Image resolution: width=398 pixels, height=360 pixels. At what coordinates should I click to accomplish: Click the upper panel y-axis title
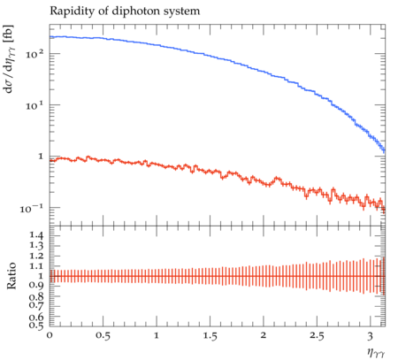9,59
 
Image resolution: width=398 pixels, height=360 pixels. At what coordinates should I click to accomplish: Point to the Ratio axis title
11,276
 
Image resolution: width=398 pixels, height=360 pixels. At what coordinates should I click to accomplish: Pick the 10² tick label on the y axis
34,54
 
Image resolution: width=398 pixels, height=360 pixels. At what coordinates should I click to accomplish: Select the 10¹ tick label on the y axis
34,105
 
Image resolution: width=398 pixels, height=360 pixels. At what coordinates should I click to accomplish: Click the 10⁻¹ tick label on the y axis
32,209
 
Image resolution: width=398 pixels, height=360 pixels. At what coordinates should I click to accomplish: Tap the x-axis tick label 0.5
103,335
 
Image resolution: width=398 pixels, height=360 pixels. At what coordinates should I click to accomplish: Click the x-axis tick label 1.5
210,335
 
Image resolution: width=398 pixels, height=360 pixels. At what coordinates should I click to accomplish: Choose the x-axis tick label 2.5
317,335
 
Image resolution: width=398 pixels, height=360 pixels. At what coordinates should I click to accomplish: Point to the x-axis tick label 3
371,335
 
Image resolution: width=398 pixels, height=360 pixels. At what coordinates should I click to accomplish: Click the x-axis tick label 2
264,335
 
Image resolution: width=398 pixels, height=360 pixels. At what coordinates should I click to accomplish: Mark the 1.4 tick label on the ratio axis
36,235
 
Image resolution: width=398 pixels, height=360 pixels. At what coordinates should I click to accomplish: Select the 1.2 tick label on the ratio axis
36,256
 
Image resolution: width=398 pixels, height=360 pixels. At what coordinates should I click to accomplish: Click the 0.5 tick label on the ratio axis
36,325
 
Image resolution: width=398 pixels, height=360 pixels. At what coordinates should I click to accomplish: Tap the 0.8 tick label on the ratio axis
36,296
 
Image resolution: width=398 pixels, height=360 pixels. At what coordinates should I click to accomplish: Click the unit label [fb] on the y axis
9,34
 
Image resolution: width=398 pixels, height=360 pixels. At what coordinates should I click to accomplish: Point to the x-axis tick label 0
50,335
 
